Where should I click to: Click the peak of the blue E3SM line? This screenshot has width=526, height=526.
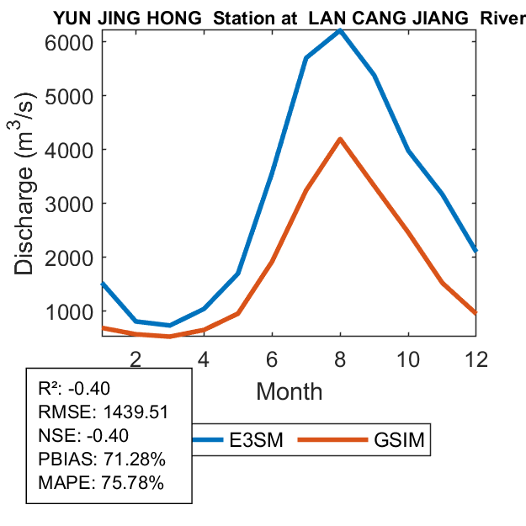pos(340,30)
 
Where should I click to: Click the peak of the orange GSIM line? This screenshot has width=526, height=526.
pos(340,139)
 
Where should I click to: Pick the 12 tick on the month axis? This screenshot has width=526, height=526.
pos(477,358)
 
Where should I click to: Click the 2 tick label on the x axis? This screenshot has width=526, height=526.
pos(135,358)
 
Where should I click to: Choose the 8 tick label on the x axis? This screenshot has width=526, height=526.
pos(340,358)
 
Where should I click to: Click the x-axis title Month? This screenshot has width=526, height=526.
pos(289,391)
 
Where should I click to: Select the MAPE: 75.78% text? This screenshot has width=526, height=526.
pos(101,483)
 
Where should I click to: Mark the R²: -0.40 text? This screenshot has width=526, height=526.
pos(81,388)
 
